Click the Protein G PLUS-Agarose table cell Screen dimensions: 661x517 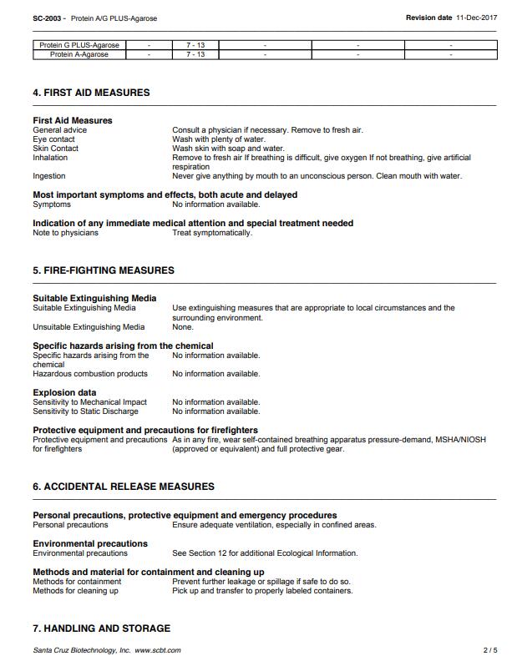pyautogui.click(x=79, y=45)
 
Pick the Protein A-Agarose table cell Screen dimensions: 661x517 pyautogui.click(x=79, y=54)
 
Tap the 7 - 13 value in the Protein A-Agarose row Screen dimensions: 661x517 pyautogui.click(x=195, y=54)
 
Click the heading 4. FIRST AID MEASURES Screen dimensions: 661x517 pyautogui.click(x=91, y=93)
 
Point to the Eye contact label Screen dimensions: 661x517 pyautogui.click(x=53, y=139)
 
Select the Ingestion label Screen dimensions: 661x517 pyautogui.click(x=49, y=176)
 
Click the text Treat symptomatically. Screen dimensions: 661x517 pyautogui.click(x=212, y=233)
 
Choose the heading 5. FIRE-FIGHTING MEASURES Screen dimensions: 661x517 pyautogui.click(x=104, y=270)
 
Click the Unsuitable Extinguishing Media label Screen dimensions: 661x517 pyautogui.click(x=89, y=327)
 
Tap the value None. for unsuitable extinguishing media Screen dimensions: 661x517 pyautogui.click(x=183, y=327)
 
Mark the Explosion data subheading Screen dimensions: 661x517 pyautogui.click(x=64, y=392)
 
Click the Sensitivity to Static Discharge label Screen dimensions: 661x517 pyautogui.click(x=86, y=411)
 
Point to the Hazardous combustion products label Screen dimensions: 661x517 pyautogui.click(x=90, y=374)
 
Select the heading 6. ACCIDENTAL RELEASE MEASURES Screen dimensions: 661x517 pyautogui.click(x=124, y=487)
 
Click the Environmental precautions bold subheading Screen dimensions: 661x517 pyautogui.click(x=90, y=543)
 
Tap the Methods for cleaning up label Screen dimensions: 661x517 pyautogui.click(x=75, y=591)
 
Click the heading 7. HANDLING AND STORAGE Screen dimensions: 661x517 pyautogui.click(x=101, y=628)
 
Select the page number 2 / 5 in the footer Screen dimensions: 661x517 pyautogui.click(x=490, y=650)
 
